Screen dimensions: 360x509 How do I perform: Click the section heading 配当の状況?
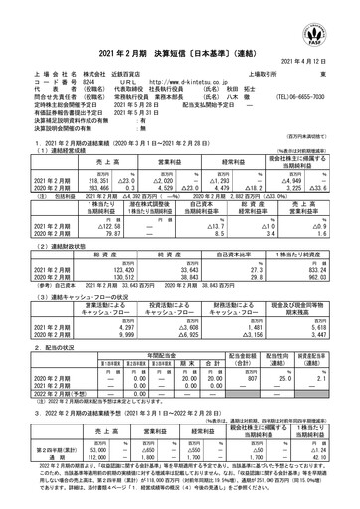[x=46, y=351]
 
